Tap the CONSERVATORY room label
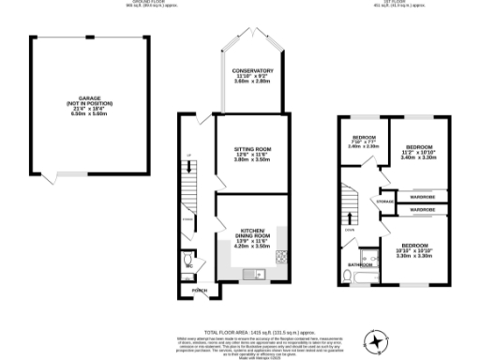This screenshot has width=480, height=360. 253,70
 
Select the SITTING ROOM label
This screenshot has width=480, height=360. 251,148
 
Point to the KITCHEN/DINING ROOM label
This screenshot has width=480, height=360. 250,230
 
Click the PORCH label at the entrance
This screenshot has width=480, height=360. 199,291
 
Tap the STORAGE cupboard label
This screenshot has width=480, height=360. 384,202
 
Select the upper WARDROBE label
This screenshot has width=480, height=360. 422,196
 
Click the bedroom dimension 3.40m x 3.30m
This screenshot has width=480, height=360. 419,157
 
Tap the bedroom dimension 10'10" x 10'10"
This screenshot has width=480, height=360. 412,249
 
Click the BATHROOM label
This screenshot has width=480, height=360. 361,265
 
